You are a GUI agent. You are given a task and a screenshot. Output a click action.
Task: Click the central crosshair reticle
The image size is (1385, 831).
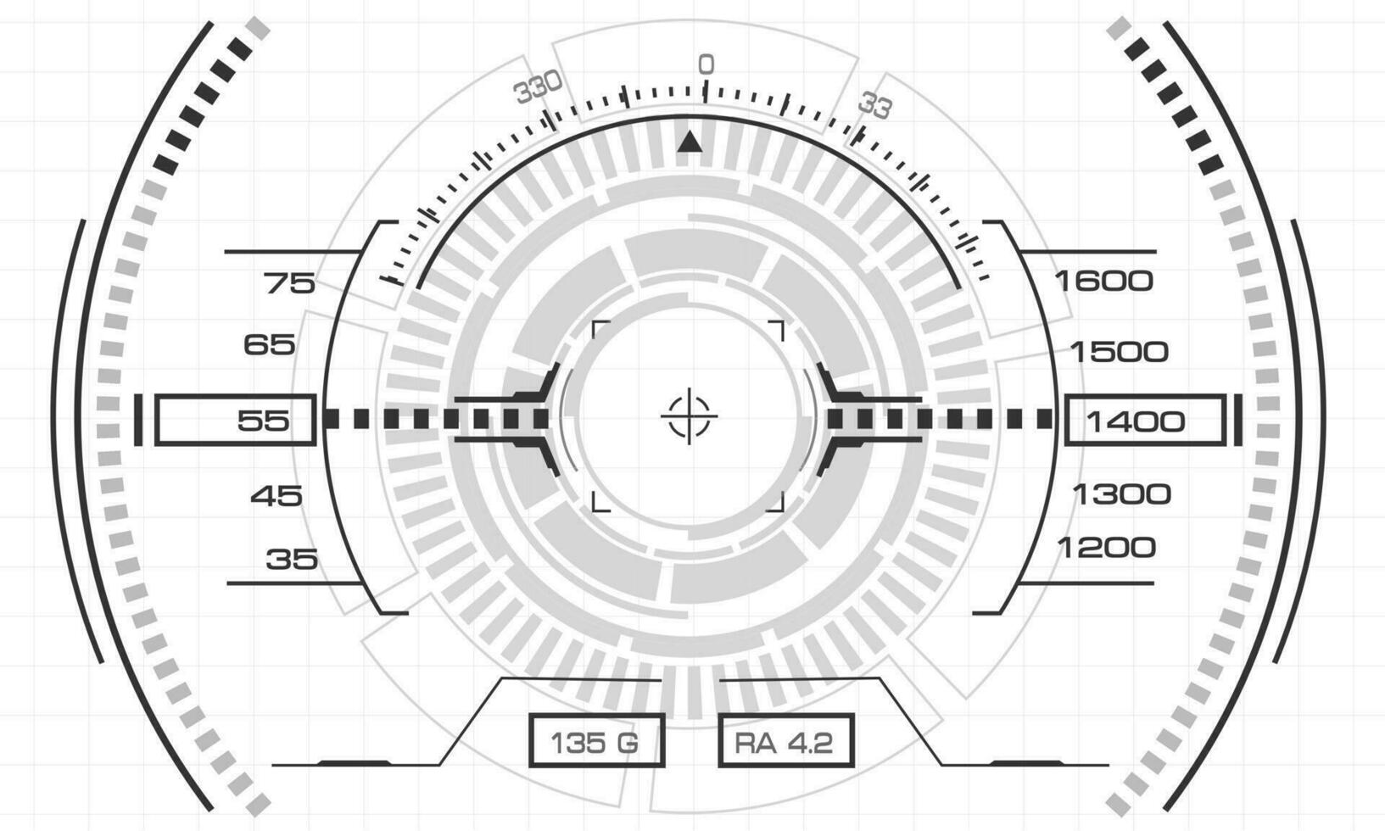pyautogui.click(x=689, y=416)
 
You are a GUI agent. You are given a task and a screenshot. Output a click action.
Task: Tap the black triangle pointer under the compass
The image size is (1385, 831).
pyautogui.click(x=690, y=142)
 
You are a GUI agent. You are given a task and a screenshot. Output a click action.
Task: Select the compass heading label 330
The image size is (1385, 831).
pyautogui.click(x=539, y=87)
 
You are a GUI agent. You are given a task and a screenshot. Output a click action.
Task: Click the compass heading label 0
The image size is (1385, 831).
pyautogui.click(x=706, y=64)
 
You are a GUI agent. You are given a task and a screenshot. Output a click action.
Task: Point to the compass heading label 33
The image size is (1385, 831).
pyautogui.click(x=875, y=106)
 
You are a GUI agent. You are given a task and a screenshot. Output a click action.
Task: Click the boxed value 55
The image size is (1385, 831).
pyautogui.click(x=235, y=420)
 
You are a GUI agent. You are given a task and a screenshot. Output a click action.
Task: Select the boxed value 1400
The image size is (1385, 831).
pyautogui.click(x=1144, y=421)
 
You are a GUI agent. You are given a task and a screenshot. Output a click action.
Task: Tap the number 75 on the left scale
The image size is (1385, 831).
pyautogui.click(x=289, y=284)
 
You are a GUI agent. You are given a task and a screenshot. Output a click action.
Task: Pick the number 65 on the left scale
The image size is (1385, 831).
pyautogui.click(x=269, y=344)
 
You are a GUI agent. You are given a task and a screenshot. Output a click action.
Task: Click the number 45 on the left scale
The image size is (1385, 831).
pyautogui.click(x=276, y=496)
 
